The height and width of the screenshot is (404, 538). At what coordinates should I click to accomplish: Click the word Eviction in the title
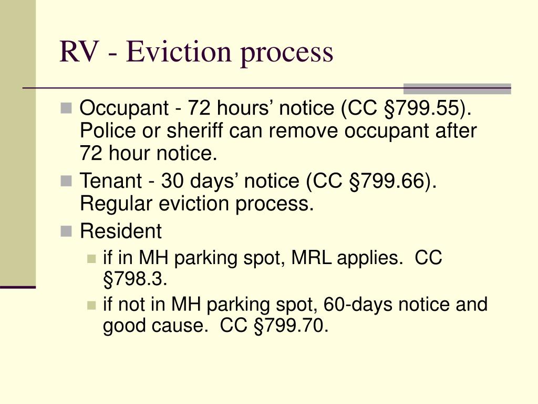pos(169,52)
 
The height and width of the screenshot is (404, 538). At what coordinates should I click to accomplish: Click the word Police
pos(104,131)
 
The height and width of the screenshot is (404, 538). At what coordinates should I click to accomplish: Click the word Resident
pos(120,231)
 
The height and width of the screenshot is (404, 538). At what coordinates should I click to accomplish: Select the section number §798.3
pos(135,279)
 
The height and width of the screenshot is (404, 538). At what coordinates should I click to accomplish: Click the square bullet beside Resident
pos(66,230)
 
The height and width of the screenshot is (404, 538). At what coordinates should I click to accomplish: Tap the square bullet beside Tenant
pos(66,181)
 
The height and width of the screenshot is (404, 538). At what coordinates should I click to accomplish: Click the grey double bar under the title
pos(457,88)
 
